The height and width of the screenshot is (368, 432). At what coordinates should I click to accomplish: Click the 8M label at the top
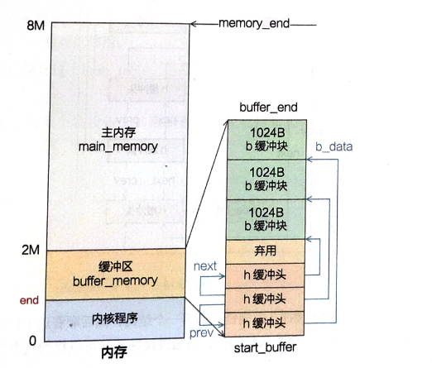coord(36,25)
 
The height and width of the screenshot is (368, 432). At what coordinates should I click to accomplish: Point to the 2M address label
coord(31,250)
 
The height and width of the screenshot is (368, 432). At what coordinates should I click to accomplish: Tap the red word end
coord(29,300)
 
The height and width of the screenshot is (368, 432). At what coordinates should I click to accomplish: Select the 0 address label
coord(32,341)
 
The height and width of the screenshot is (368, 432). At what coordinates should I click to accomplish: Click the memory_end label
coord(254,24)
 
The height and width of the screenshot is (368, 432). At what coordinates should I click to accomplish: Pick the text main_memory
coord(118,146)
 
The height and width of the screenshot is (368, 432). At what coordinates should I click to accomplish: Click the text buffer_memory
coord(115,281)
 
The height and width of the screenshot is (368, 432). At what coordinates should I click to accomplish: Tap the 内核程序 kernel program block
coord(114,320)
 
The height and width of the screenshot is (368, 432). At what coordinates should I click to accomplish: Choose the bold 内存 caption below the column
coord(114,353)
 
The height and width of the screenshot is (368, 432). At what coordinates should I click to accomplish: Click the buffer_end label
coord(268,108)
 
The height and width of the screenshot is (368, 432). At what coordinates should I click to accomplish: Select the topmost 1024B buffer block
coord(267,140)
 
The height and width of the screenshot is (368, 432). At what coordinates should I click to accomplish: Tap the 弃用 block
coord(266,251)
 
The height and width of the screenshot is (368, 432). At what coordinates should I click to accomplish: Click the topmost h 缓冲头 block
coord(265,275)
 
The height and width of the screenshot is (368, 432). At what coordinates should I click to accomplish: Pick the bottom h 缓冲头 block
coord(264,324)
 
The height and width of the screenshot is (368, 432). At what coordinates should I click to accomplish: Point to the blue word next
coord(205,266)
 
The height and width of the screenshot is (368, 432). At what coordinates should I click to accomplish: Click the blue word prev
coord(201,333)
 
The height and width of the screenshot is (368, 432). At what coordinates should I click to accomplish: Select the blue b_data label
coord(334,146)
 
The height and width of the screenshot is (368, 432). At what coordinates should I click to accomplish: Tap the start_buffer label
coord(265,348)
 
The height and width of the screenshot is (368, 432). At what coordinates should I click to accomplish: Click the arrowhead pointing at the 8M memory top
coord(193,24)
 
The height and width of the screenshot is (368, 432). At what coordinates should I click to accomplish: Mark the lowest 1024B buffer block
coord(266,219)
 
